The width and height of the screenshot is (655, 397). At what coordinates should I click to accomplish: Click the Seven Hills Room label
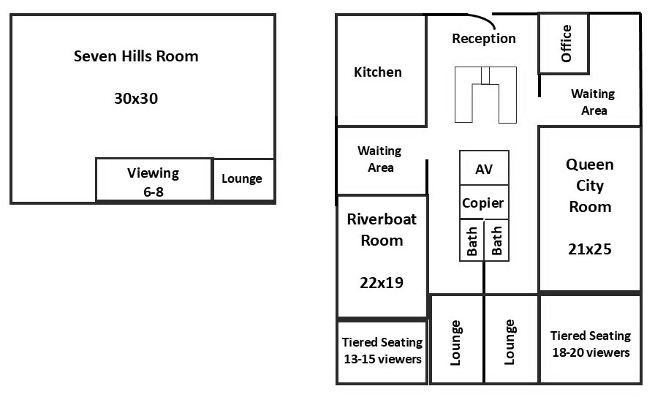coord(136,56)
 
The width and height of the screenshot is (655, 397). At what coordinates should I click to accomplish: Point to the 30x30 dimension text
coord(136,99)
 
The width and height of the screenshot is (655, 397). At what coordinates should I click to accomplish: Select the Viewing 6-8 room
coord(154,180)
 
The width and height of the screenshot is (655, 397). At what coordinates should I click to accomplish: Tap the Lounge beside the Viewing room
coord(242,179)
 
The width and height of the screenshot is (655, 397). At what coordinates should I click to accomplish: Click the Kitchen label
coord(378,72)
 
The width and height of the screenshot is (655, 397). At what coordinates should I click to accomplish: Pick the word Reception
coord(483,39)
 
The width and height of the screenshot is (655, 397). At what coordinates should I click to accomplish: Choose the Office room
coord(564,43)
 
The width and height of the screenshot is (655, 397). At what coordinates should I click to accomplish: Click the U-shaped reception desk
coord(485,95)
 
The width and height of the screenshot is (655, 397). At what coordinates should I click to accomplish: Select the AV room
coord(484,169)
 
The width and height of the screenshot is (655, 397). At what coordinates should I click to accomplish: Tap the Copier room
coord(483,203)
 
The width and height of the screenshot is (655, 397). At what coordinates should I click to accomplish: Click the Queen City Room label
coord(590,186)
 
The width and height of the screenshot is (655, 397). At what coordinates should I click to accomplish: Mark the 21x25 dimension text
coord(589,249)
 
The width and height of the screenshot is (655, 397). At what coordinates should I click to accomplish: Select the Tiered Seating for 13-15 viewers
coord(382,351)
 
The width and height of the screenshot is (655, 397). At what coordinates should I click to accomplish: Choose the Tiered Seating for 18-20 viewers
coord(590,344)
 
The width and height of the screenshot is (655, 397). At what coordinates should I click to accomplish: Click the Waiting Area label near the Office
coord(593,102)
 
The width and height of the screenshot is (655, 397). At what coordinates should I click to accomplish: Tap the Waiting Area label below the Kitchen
coord(379,159)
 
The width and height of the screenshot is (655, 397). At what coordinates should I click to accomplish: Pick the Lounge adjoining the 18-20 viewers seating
coord(510,341)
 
